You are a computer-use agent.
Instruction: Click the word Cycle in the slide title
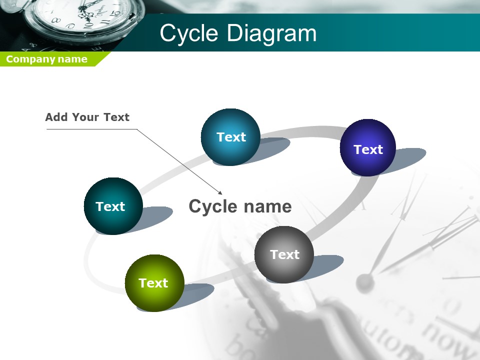189,33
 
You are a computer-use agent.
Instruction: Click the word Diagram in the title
272,33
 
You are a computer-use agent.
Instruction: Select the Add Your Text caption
87,117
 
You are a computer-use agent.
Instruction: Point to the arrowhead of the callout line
220,193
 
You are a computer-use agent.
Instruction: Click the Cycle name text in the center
240,206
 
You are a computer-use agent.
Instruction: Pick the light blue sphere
231,137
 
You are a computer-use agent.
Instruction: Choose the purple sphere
368,147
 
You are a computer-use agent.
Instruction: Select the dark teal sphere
113,206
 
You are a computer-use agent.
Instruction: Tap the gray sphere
284,254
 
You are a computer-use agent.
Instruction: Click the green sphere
154,283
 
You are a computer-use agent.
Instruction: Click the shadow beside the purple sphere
407,158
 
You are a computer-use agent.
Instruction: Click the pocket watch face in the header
82,15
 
